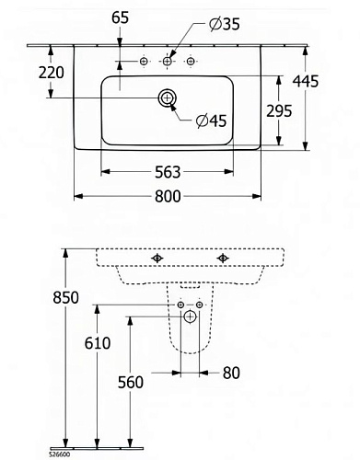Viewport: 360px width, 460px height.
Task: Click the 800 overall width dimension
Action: click(168, 196)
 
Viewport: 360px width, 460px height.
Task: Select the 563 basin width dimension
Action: click(168, 172)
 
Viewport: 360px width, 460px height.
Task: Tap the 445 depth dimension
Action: click(306, 81)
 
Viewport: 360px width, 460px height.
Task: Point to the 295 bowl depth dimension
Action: click(279, 110)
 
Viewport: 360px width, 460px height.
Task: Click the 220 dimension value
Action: click(52, 73)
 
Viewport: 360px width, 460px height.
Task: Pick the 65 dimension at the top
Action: click(120, 17)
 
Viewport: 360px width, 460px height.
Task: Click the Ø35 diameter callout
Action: click(225, 24)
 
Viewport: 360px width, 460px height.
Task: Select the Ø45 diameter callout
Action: click(212, 121)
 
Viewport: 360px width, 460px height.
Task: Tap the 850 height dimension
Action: click(65, 297)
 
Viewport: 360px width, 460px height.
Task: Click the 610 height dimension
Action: click(98, 343)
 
